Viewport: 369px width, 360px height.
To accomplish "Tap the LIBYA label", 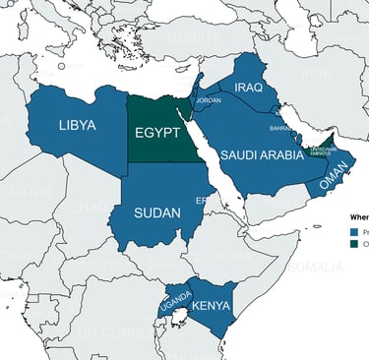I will click(x=77, y=126).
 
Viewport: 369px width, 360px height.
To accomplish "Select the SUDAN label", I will click(x=157, y=212).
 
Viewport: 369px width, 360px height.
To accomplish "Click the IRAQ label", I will click(x=250, y=88).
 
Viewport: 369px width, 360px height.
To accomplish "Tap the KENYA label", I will click(x=211, y=305).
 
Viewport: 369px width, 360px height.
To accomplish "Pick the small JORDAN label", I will click(x=210, y=100).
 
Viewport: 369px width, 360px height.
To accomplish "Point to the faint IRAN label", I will click(x=316, y=74).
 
